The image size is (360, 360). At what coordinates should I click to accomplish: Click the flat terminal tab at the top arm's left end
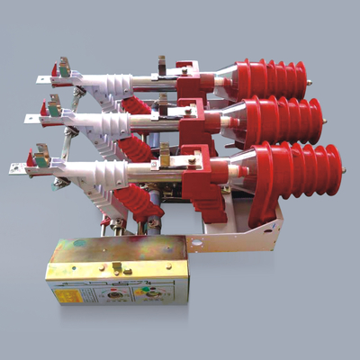tap(42, 79)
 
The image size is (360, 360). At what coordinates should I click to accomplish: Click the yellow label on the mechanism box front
tap(67, 292)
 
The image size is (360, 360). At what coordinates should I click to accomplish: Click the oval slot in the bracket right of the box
tap(196, 241)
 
